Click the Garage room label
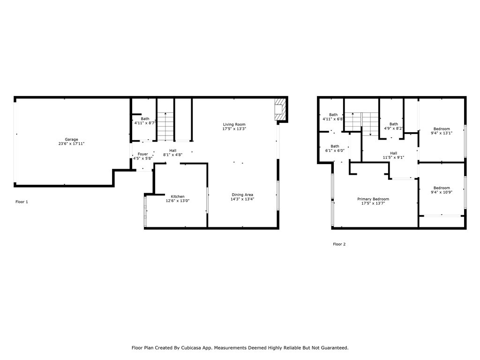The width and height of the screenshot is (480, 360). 71,139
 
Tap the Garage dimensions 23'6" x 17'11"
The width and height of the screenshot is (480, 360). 71,144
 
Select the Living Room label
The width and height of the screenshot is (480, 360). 234,124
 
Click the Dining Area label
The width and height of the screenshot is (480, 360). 242,195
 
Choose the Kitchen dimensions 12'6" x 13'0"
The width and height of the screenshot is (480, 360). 177,201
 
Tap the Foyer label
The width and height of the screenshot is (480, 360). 142,154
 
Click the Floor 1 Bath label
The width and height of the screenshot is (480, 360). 145,119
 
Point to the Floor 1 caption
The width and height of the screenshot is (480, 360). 22,202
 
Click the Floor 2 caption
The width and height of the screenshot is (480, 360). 339,244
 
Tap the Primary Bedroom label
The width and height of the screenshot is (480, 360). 373,199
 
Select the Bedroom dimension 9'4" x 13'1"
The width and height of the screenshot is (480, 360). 442,133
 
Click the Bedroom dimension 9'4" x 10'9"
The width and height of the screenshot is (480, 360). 442,192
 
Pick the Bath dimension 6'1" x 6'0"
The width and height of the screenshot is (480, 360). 335,150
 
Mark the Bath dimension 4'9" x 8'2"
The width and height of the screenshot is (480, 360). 394,128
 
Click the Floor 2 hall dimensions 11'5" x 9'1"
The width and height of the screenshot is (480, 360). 393,157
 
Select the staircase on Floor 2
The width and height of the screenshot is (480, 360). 361,124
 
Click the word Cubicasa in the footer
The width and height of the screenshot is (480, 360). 207,348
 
